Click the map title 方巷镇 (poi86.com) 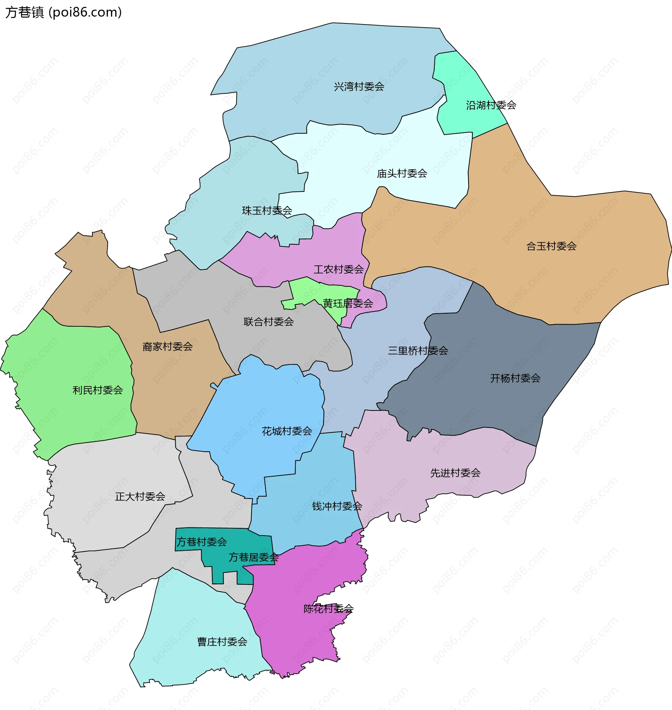63,13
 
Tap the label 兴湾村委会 359,87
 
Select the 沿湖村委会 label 491,105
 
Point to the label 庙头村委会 402,173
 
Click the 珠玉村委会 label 267,211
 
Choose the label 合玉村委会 551,246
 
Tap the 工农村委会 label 338,269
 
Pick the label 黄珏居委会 348,304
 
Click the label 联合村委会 269,322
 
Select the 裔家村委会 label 168,347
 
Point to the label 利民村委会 98,390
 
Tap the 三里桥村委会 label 418,351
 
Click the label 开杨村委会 515,378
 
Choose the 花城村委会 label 287,431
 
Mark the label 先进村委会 455,473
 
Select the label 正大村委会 140,497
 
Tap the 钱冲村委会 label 337,506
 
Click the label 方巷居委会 254,557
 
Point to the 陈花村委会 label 329,609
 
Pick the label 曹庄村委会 222,642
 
